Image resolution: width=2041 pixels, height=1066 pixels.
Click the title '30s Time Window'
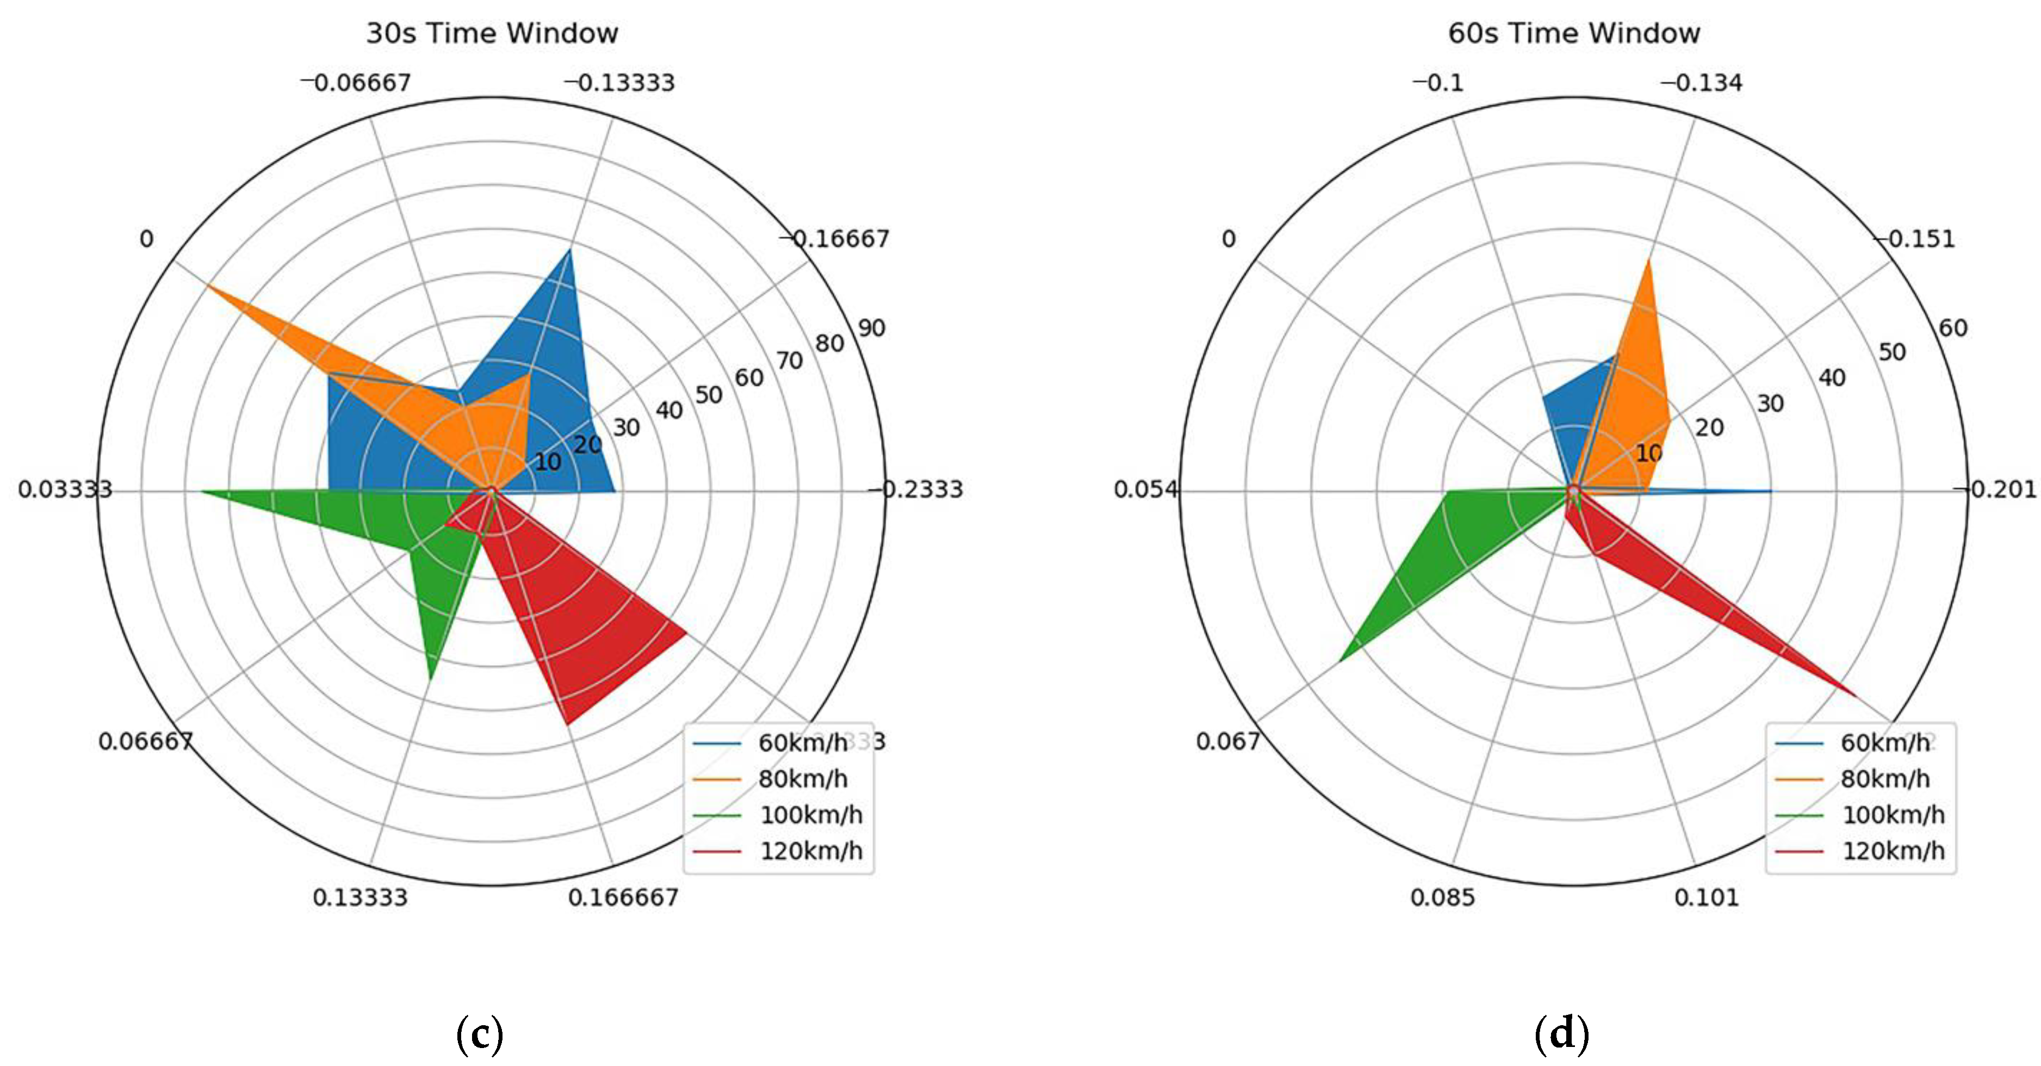491,33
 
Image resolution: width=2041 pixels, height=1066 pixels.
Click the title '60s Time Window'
1573,33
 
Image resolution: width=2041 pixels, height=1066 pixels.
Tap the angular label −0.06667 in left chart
356,83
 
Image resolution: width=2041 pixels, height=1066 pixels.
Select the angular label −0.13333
619,83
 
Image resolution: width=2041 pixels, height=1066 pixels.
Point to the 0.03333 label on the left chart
65,489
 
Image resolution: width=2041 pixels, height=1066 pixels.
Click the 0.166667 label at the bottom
624,897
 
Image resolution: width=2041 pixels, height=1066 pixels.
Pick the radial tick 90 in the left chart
872,327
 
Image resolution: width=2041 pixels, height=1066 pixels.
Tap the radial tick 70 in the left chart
789,361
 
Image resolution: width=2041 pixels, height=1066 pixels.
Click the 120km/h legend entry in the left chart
810,851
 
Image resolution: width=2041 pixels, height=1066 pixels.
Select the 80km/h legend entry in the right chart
1885,778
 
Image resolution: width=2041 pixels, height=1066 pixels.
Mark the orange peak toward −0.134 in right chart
1649,260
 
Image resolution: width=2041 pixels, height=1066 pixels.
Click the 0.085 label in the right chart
1442,897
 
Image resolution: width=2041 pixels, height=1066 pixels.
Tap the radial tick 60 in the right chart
1953,327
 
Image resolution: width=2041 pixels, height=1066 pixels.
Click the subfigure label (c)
479,1034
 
